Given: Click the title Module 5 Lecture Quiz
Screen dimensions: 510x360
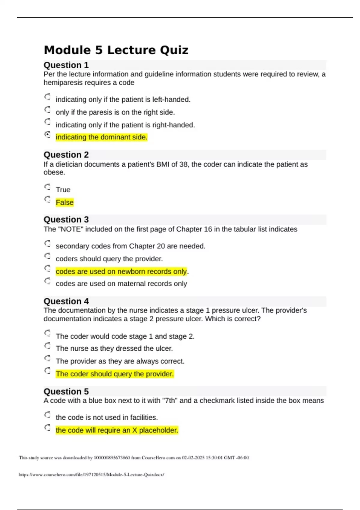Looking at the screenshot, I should point(116,50).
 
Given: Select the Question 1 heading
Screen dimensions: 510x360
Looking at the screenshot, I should point(66,65).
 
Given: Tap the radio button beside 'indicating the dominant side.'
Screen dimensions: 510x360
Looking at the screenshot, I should point(47,134).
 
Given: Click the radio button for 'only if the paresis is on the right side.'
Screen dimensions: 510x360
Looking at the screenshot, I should point(47,109).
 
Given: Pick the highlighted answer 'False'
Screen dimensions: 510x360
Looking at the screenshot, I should point(64,202).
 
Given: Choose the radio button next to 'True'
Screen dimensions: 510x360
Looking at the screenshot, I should point(47,187).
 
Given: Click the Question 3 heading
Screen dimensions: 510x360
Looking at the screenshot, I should point(66,220).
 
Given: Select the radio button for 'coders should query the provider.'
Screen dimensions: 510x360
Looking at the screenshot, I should point(47,256).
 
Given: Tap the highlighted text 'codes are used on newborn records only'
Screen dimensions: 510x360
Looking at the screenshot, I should point(121,271).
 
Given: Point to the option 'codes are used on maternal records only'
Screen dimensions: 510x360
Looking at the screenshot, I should point(121,284).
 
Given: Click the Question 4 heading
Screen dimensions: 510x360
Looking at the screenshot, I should point(66,301).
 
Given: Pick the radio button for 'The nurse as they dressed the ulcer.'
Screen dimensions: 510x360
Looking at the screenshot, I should point(47,346).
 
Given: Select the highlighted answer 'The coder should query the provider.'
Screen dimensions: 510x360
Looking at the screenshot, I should point(115,374).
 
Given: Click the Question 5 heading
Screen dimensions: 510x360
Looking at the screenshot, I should point(66,391).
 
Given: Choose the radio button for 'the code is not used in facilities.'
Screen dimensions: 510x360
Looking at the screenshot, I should point(47,415).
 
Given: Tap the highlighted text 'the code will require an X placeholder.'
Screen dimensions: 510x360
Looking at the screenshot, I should point(117,430).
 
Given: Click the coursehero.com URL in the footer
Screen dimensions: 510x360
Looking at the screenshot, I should point(91,475).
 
